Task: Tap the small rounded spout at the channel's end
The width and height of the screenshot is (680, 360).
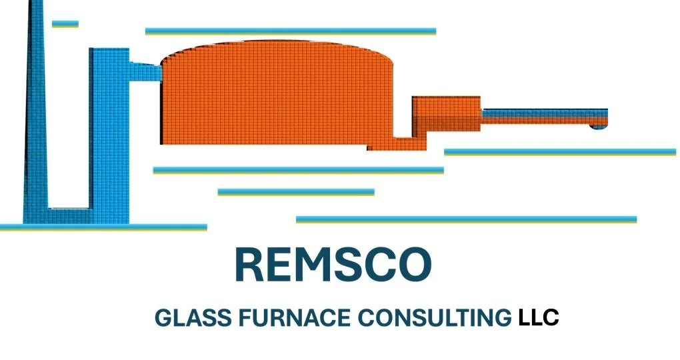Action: pos(598,125)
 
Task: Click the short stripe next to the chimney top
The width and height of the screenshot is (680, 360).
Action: pos(65,24)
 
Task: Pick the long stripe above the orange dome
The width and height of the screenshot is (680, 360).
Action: pos(290,31)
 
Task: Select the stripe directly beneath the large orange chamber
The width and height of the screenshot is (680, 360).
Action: pos(298,170)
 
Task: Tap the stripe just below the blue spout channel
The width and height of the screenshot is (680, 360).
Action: pos(560,152)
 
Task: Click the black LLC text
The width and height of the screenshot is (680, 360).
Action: pos(538,318)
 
